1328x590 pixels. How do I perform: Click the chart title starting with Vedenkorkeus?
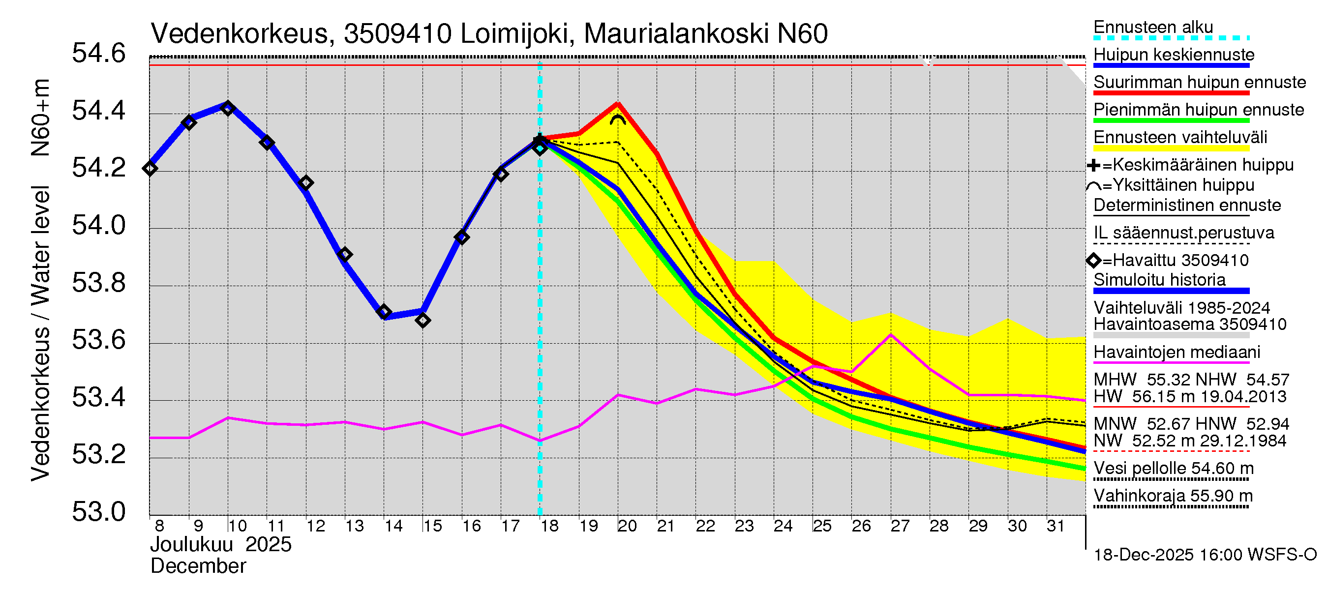tap(489, 34)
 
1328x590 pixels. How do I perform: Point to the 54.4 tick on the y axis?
tap(98, 111)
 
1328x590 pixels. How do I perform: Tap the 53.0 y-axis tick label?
tap(98, 512)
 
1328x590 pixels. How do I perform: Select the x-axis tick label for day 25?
tap(822, 526)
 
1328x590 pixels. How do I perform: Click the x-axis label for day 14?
tap(393, 526)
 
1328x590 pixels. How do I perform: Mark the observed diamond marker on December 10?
tap(228, 108)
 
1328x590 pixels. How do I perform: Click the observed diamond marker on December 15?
tap(423, 321)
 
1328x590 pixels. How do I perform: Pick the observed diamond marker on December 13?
tap(345, 255)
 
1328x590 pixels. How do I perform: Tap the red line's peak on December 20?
tap(618, 104)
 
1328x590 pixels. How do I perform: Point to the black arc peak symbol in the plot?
tap(618, 119)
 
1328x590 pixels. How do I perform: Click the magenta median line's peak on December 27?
tap(891, 335)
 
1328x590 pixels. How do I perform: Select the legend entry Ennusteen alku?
tap(1153, 28)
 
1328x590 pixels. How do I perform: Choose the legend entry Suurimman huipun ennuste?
tap(1200, 83)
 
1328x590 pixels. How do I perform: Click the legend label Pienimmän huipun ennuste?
tap(1199, 110)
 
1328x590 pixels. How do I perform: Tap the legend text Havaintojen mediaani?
tap(1177, 353)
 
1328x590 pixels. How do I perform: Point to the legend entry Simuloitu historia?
tap(1159, 280)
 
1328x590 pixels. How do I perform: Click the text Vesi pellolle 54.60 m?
tap(1174, 469)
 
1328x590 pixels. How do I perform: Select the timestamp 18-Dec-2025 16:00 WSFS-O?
tap(1205, 555)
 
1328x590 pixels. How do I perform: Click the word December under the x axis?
tap(198, 566)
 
